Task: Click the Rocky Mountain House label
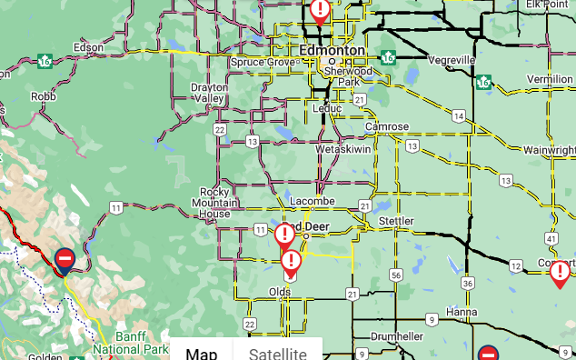coord(215,203)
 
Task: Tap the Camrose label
coord(386,126)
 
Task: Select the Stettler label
coord(395,221)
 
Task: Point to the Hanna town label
coord(461,312)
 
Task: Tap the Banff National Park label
coord(131,343)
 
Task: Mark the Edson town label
coord(88,46)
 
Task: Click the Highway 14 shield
coord(461,116)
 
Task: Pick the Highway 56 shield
coord(395,275)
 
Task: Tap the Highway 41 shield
coord(551,238)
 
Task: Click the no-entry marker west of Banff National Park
coord(65,260)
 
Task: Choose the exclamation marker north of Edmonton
coord(320,9)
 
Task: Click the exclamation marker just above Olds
coord(291,263)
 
